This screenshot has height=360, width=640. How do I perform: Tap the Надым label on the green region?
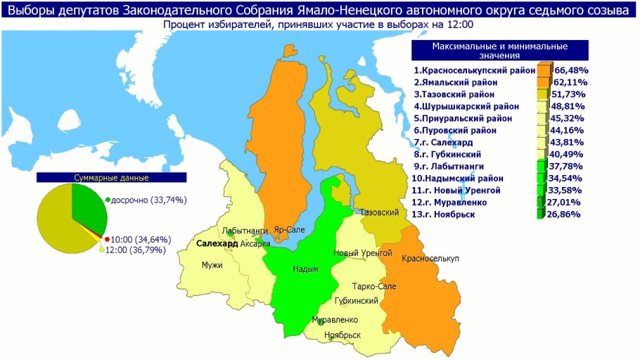(x=305, y=269)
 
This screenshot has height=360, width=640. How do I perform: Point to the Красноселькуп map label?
(x=430, y=259)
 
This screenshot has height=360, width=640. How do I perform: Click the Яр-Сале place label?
(x=289, y=229)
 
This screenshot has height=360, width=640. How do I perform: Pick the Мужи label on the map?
(x=212, y=265)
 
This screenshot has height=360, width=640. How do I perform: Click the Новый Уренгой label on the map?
(x=361, y=252)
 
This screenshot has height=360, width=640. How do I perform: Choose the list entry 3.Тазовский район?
(x=454, y=94)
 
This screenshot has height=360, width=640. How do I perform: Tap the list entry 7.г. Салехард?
(x=447, y=142)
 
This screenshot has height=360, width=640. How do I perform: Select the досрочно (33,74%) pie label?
(x=148, y=200)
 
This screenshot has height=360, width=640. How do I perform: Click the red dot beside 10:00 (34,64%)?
(x=107, y=240)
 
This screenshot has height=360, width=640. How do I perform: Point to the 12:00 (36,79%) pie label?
(x=137, y=250)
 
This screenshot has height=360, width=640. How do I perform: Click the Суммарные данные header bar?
(x=112, y=178)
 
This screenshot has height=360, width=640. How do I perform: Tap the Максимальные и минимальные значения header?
(x=499, y=51)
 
